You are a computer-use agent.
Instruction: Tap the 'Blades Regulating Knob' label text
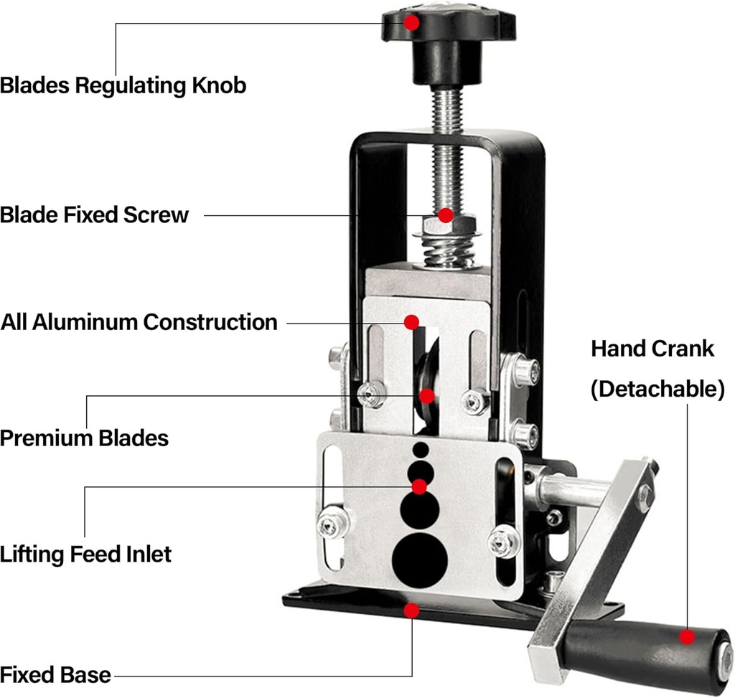pos(123,85)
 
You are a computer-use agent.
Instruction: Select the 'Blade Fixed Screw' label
pos(94,214)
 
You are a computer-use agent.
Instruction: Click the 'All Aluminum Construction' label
pos(139,321)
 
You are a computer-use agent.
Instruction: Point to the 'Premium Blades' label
pos(84,438)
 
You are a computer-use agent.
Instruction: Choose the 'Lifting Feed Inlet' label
pos(85,554)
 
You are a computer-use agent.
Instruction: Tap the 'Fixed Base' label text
pos(55,674)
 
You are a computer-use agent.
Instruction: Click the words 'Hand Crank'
pos(652,349)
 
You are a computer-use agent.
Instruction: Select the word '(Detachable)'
pos(657,390)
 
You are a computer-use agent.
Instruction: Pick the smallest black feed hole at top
pos(420,450)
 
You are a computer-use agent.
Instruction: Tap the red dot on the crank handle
pos(687,636)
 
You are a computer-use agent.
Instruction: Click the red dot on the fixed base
pos(411,610)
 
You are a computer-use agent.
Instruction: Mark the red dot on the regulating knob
pos(411,22)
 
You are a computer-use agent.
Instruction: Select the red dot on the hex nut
pos(446,214)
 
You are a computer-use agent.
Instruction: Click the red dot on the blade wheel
pos(427,395)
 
